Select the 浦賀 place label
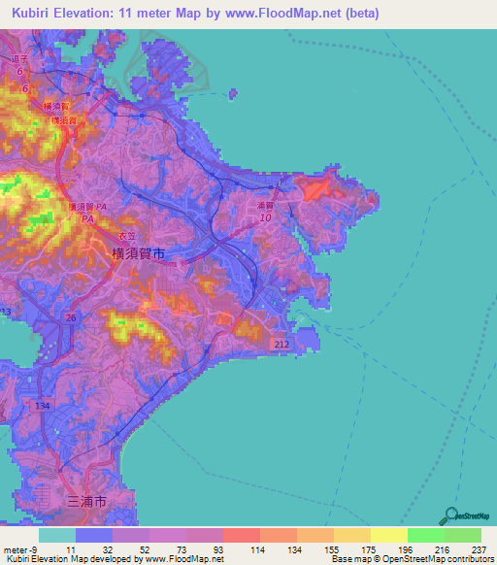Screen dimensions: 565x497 pyautogui.click(x=267, y=206)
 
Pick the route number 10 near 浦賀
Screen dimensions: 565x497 pyautogui.click(x=264, y=218)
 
